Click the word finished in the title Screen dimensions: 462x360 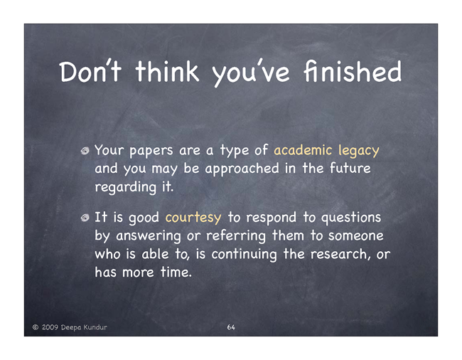pyautogui.click(x=353, y=71)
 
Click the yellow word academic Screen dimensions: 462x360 pyautogui.click(x=303, y=150)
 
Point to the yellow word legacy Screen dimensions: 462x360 pyautogui.click(x=358, y=151)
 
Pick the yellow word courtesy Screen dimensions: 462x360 pyautogui.click(x=193, y=218)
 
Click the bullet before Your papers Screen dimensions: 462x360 pyautogui.click(x=85, y=151)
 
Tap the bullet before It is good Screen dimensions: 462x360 pyautogui.click(x=85, y=218)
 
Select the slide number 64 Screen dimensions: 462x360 pyautogui.click(x=231, y=327)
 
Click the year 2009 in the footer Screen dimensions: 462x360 pyautogui.click(x=50, y=327)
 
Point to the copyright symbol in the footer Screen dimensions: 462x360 pyautogui.click(x=36, y=327)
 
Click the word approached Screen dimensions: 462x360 pyautogui.click(x=242, y=169)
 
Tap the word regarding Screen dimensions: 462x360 pyautogui.click(x=125, y=188)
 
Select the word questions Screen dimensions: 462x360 pyautogui.click(x=351, y=218)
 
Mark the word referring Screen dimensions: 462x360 pyautogui.click(x=236, y=236)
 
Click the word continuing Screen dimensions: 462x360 pyautogui.click(x=245, y=255)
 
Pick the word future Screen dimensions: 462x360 pyautogui.click(x=350, y=169)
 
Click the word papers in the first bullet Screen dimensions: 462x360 pyautogui.click(x=151, y=151)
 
